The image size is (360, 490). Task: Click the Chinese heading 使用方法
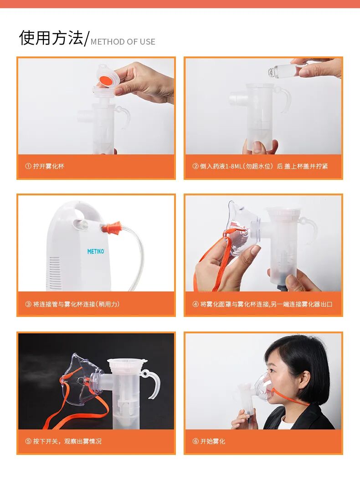(x=51, y=37)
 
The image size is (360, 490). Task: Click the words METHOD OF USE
(x=123, y=41)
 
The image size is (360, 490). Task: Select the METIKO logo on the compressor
(x=96, y=251)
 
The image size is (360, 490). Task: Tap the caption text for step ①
(x=45, y=166)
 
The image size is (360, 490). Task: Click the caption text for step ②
(x=260, y=166)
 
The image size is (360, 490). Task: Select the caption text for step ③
(x=72, y=304)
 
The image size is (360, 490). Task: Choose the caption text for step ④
(x=262, y=304)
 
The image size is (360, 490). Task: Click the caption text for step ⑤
(x=63, y=441)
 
